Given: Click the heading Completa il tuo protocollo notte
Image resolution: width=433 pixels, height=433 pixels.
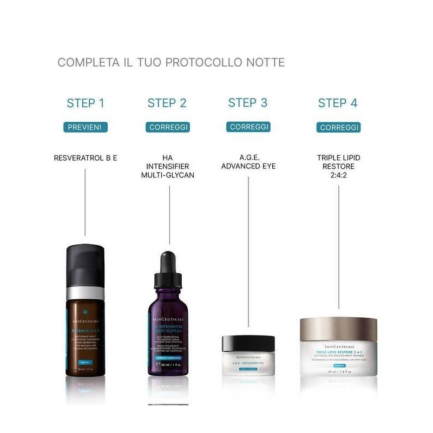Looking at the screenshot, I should click(x=171, y=62).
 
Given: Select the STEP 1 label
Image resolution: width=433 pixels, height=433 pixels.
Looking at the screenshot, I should click(x=86, y=103).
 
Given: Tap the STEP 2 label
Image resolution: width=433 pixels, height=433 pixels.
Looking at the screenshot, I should click(x=167, y=103).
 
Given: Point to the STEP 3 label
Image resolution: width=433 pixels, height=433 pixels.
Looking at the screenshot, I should click(x=248, y=102).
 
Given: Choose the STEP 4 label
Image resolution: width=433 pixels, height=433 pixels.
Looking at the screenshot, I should click(x=338, y=103).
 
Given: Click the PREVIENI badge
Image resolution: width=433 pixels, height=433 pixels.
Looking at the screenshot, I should click(x=86, y=127).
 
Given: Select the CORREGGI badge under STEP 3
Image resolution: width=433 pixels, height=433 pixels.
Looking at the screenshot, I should click(x=248, y=127).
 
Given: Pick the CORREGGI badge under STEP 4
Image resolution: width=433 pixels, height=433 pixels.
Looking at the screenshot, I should click(x=338, y=127).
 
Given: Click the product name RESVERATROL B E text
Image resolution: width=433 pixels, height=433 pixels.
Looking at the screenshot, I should click(x=86, y=158).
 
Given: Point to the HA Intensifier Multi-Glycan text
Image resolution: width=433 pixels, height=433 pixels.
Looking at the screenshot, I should click(x=167, y=166).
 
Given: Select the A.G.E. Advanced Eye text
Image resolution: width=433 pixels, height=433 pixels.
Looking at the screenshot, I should click(x=248, y=162).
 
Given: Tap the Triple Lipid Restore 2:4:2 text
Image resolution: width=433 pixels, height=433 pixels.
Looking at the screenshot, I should click(x=338, y=166).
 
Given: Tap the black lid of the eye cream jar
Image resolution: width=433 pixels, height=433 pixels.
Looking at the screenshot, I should click(x=248, y=343).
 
